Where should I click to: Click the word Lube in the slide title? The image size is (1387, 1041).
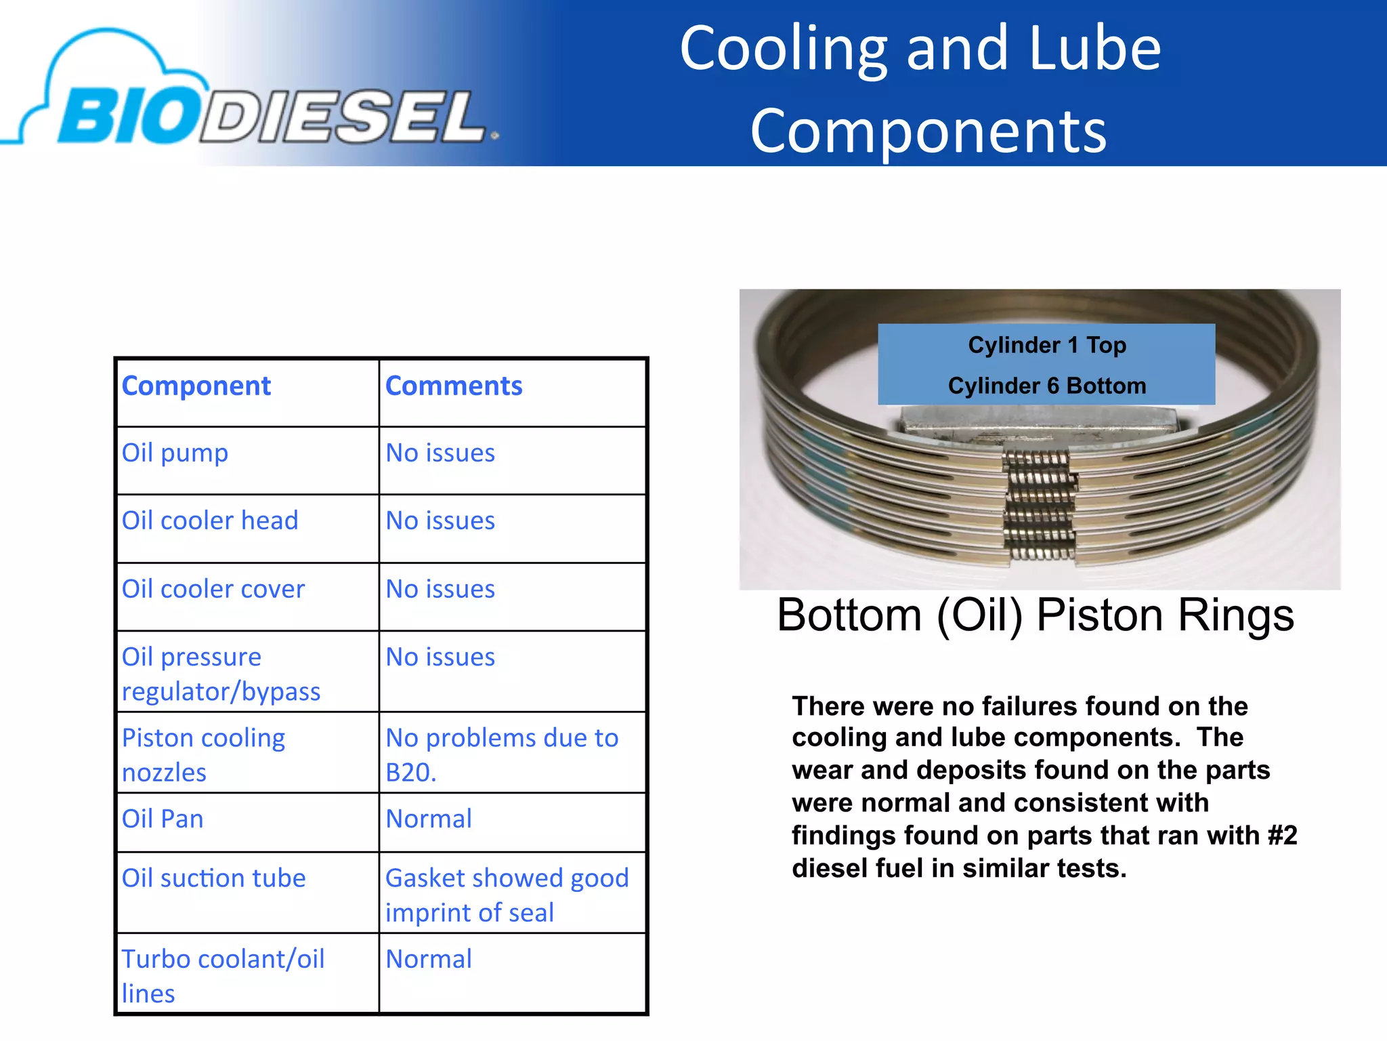coord(1094,49)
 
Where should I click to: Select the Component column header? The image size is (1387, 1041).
coord(196,386)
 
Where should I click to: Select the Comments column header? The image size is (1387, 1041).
coord(454,386)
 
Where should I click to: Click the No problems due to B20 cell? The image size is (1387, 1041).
coord(501,754)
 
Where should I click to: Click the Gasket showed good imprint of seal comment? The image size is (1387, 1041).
coord(507,895)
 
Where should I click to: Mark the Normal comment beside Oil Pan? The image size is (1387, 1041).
coord(429,819)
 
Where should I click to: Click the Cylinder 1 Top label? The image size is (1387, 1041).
coord(1047,346)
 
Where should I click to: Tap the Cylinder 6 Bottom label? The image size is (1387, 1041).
coord(1047,386)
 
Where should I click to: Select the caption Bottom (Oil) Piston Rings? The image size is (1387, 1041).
coord(1036,615)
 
